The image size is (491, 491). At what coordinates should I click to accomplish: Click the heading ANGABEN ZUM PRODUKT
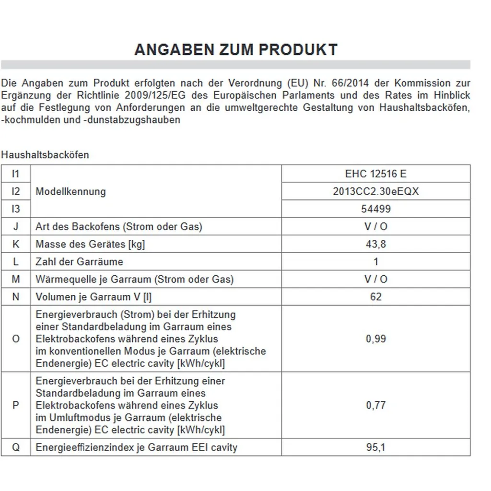[236, 50]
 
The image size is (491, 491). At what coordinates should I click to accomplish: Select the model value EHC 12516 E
[375, 174]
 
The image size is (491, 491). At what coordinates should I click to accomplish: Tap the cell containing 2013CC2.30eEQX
[375, 191]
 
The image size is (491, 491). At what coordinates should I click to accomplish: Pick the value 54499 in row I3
[375, 209]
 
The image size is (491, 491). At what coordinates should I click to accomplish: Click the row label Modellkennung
[70, 192]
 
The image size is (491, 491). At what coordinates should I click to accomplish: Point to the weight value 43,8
[375, 244]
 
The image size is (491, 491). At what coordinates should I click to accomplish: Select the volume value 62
[375, 297]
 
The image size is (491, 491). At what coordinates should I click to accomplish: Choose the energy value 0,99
[375, 339]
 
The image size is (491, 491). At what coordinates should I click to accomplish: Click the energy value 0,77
[375, 405]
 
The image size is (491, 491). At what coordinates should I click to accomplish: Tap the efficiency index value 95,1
[375, 448]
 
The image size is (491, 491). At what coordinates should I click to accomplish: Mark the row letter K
[16, 244]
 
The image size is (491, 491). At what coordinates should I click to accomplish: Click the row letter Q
[16, 448]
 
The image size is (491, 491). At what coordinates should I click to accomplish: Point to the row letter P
[16, 405]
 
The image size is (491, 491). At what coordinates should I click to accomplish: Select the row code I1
[16, 174]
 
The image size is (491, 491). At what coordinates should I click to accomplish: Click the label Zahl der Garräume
[79, 262]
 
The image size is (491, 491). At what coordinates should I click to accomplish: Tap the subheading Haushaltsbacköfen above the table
[45, 155]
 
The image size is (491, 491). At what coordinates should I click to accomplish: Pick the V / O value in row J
[375, 227]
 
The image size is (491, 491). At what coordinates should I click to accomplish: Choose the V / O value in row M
[375, 279]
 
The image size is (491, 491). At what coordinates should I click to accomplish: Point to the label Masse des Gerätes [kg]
[90, 244]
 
